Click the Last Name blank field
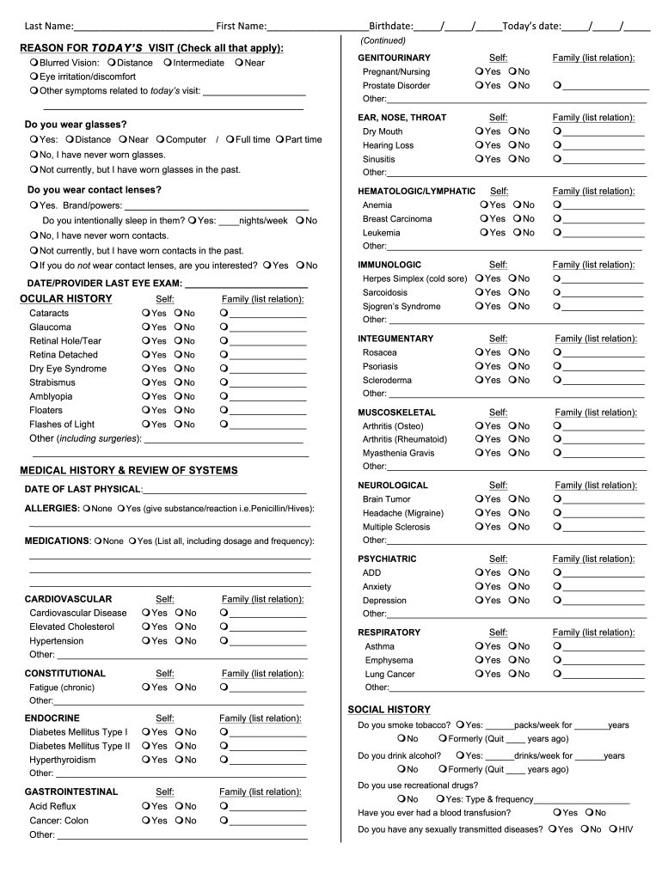[x=143, y=27]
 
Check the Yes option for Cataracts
[x=146, y=314]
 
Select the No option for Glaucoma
[x=178, y=327]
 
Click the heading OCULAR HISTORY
[x=65, y=299]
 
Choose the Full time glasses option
[x=230, y=140]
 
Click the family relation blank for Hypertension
[x=267, y=641]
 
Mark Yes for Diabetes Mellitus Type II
[x=146, y=746]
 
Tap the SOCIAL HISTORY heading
[x=389, y=710]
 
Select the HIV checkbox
[x=612, y=829]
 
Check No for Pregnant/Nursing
[x=512, y=72]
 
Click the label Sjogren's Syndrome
[x=401, y=307]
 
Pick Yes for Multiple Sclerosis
[x=479, y=527]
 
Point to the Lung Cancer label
[x=389, y=675]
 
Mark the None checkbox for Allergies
[x=87, y=509]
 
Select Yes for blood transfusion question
[x=559, y=813]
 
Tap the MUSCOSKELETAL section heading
[x=396, y=413]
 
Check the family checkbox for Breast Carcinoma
[x=558, y=219]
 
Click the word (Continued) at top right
[x=383, y=41]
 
